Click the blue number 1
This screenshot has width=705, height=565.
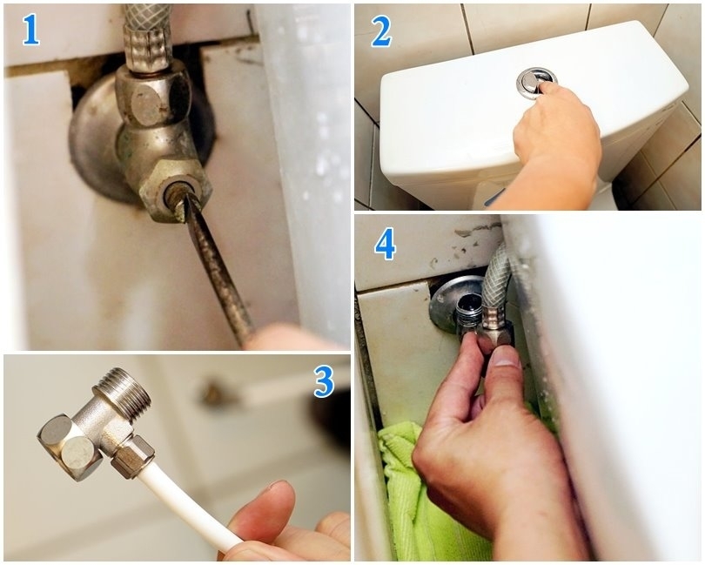pyautogui.click(x=31, y=30)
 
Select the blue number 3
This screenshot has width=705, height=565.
pyautogui.click(x=324, y=381)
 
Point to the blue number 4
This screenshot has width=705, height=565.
pyautogui.click(x=386, y=244)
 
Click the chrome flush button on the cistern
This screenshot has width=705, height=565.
pyautogui.click(x=536, y=83)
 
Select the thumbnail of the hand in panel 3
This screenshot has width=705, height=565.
pyautogui.click(x=277, y=486)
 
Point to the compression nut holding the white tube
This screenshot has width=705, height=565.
pyautogui.click(x=133, y=456)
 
